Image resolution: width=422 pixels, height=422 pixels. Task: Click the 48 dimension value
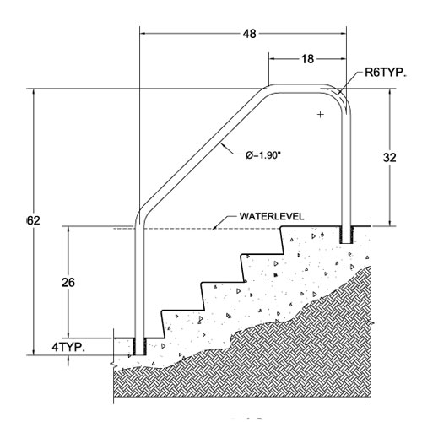tap(250, 34)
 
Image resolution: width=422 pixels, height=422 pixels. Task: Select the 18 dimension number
tap(307, 59)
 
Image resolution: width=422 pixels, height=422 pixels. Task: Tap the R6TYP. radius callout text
tap(386, 73)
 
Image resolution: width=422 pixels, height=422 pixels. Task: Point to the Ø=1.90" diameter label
tap(263, 155)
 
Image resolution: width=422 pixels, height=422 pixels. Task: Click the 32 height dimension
tap(390, 158)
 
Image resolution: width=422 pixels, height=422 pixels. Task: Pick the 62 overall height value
tap(34, 220)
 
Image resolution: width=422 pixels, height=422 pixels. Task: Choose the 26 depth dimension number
tap(68, 282)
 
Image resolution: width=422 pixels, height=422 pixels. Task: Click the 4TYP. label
tap(68, 348)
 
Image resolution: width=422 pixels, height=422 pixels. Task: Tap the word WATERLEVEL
tap(272, 216)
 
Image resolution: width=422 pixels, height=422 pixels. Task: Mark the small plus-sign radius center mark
tap(321, 114)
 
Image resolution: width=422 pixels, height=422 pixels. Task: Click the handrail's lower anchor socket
tap(139, 347)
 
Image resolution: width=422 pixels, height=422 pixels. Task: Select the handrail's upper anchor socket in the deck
tap(346, 235)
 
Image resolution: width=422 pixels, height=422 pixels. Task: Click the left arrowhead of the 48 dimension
tap(143, 34)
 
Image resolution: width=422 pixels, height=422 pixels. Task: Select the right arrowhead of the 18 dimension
tap(343, 59)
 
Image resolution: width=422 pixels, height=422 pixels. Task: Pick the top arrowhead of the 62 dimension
tap(34, 92)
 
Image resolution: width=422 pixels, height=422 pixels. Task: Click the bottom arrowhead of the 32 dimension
tap(390, 223)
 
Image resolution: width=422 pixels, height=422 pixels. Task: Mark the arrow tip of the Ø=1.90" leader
tap(221, 143)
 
